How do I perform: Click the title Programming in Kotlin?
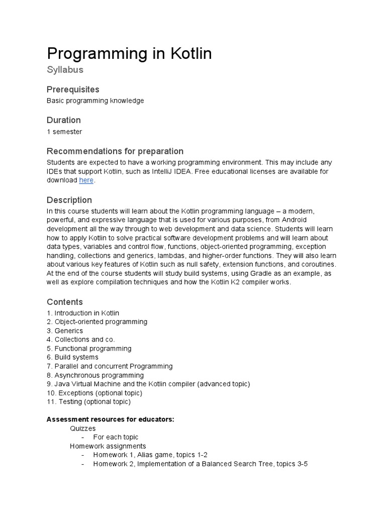(129, 53)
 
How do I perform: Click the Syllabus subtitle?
(65, 69)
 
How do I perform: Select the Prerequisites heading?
(73, 90)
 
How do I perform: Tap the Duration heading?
(63, 120)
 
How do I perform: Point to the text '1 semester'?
(64, 132)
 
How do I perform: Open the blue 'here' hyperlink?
(86, 180)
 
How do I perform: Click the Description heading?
(69, 200)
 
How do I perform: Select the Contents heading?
(65, 302)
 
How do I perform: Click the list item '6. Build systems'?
(72, 358)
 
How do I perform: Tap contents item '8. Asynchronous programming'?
(95, 375)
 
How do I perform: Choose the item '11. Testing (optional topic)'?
(88, 402)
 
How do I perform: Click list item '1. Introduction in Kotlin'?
(83, 313)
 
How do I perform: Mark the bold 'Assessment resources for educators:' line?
(110, 419)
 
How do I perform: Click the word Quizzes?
(82, 428)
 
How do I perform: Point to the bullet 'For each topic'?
(116, 437)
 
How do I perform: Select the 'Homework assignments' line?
(108, 446)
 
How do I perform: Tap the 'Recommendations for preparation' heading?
(115, 151)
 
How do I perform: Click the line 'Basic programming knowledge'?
(95, 101)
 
